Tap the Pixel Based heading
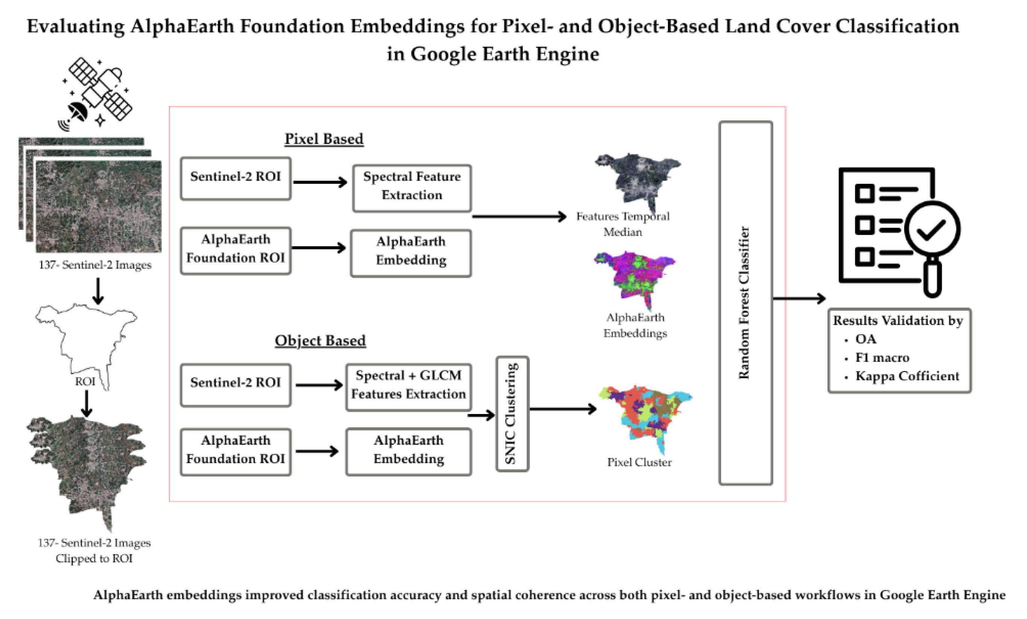point(324,139)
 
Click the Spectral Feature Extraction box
point(412,188)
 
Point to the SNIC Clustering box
point(512,413)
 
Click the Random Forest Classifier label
point(744,303)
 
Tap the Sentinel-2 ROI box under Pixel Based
point(236,178)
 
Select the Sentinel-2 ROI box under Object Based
point(236,384)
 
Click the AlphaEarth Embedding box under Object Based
point(408,451)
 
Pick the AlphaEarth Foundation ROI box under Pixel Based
point(236,250)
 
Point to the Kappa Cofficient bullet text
point(907,376)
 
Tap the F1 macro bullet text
point(882,358)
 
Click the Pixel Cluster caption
point(639,462)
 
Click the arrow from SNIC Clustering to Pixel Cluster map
point(563,409)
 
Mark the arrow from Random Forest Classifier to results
point(799,298)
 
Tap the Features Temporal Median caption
point(622,224)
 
